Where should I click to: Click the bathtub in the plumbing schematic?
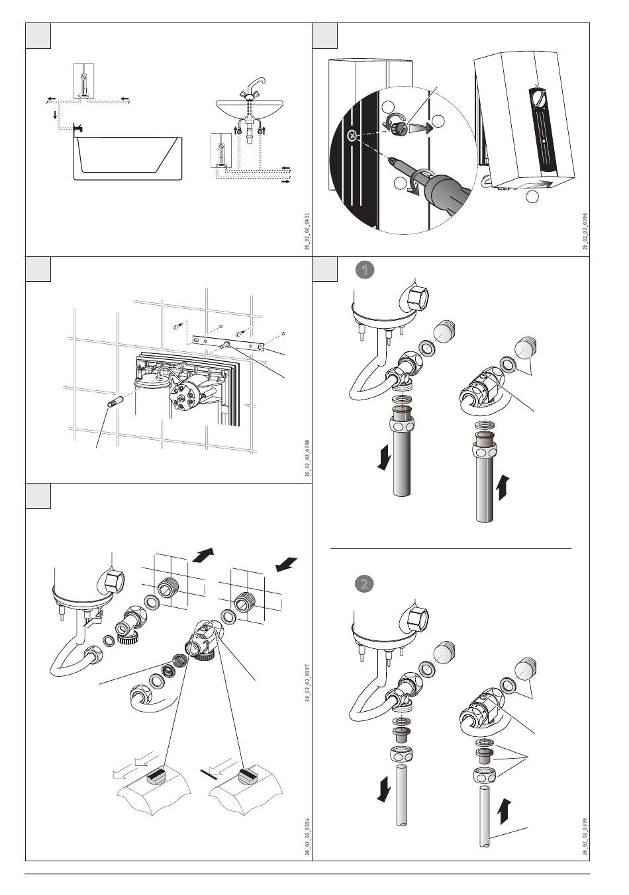coord(126,159)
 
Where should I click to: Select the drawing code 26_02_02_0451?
coord(305,230)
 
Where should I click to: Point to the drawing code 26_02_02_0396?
coord(584,230)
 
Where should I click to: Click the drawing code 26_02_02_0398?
coord(305,456)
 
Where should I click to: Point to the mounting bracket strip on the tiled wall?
coord(228,343)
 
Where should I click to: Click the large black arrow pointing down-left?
coord(285,564)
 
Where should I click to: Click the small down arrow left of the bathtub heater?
coord(55,115)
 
